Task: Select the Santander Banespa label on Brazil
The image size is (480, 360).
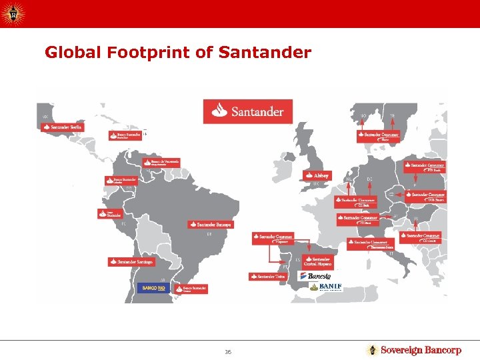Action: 210,225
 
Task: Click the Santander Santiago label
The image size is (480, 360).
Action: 131,261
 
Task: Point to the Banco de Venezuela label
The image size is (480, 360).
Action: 161,161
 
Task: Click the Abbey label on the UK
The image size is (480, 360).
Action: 317,175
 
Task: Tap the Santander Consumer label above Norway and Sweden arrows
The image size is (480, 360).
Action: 379,135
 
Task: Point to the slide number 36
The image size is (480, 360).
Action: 228,351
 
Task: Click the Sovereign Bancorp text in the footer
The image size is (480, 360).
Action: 421,350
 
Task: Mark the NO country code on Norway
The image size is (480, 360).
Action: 364,116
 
